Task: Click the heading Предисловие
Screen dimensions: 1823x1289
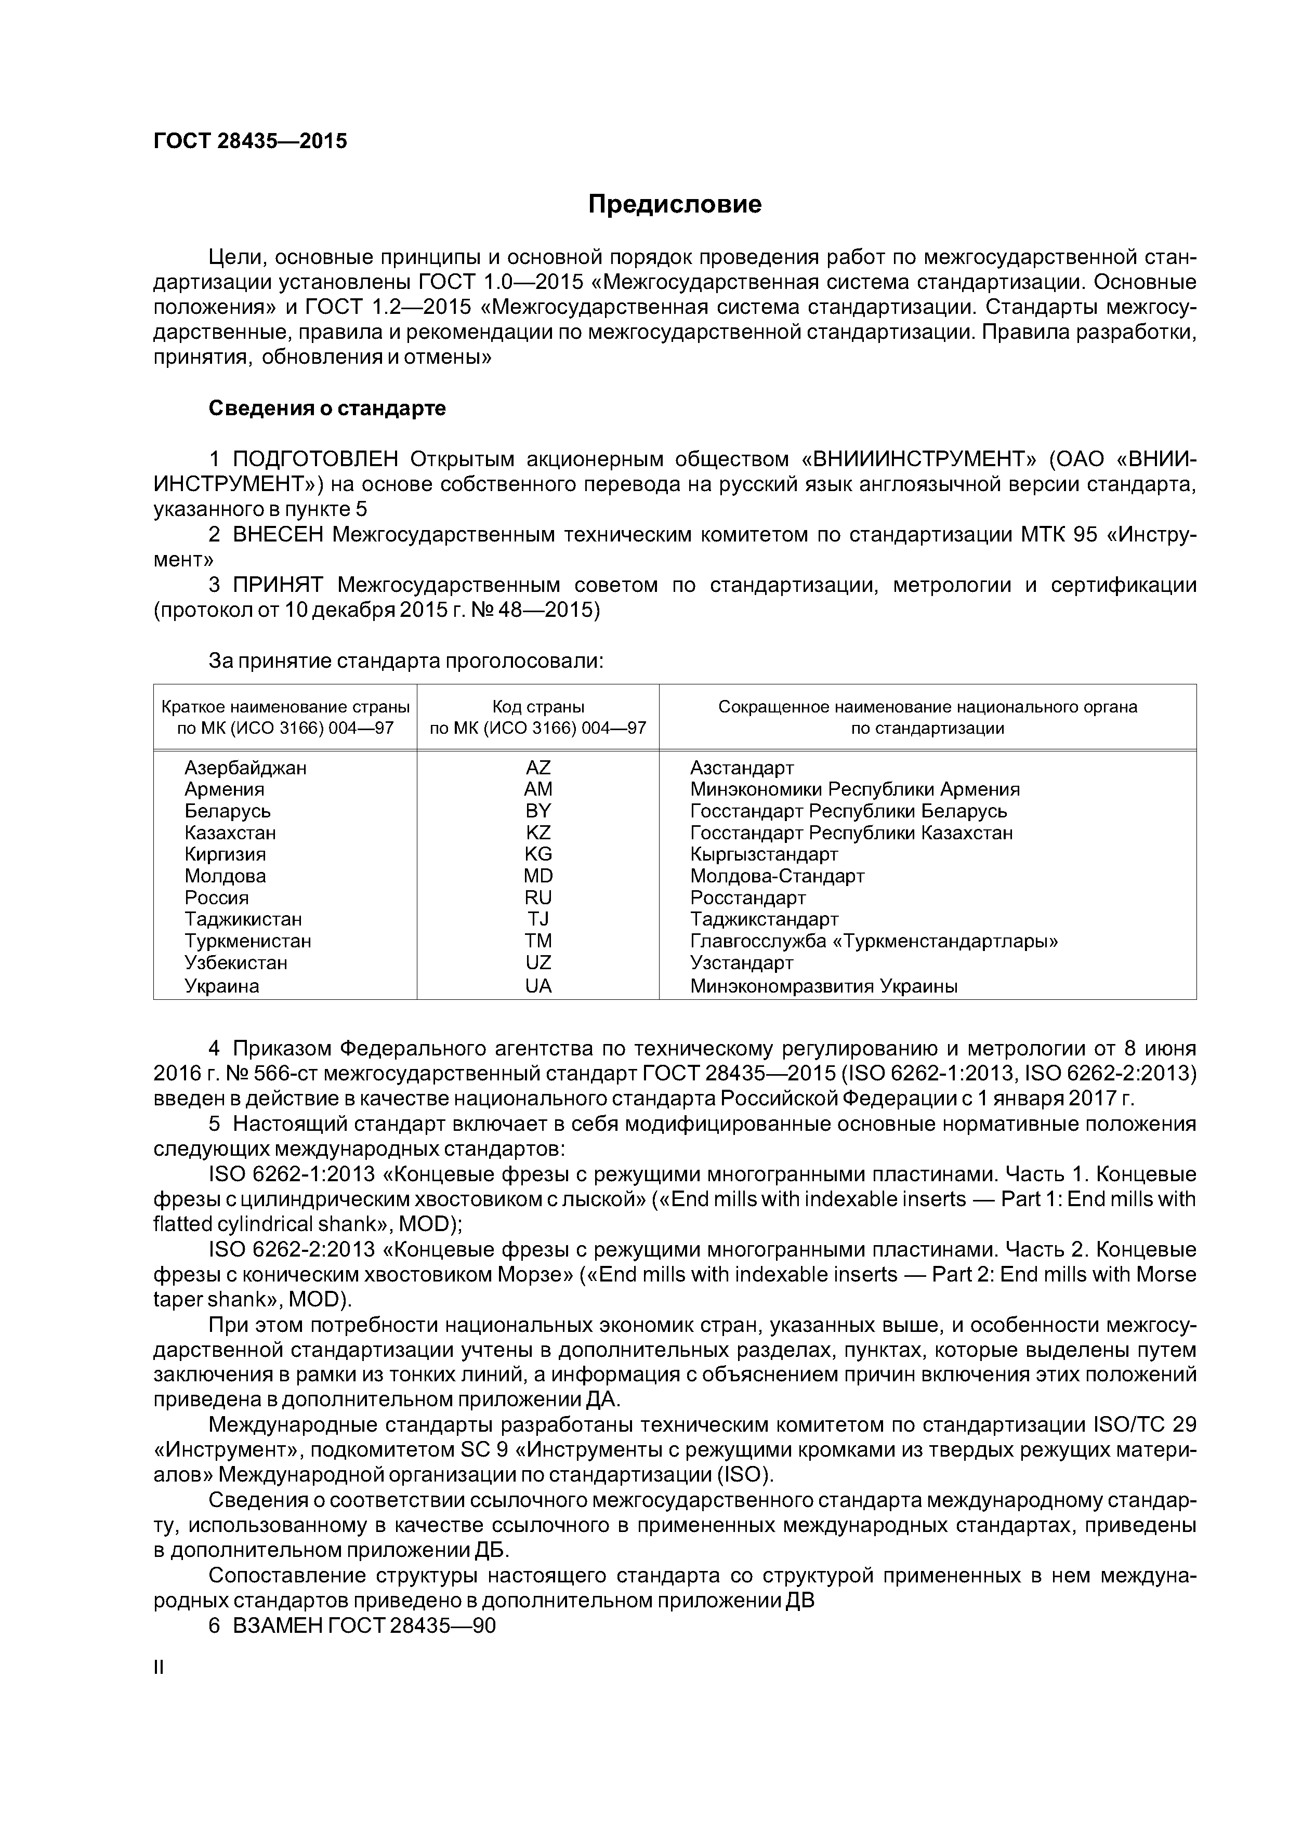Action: [674, 205]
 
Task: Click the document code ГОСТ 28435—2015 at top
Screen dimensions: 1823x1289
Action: [250, 141]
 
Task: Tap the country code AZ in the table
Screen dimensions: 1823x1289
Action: [537, 768]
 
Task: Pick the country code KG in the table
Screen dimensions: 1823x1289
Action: [537, 854]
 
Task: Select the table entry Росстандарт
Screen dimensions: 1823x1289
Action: [747, 898]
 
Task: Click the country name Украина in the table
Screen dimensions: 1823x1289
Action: [221, 986]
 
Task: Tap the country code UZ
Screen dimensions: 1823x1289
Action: [537, 963]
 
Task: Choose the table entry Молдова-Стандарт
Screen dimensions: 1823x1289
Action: [777, 877]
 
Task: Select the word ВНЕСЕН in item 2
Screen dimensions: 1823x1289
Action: [278, 535]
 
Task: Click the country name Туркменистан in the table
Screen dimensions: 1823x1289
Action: [248, 942]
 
